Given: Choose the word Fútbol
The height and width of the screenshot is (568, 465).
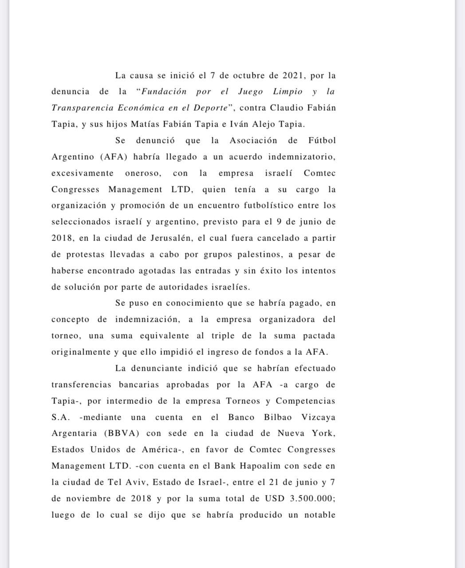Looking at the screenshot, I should tap(322, 141).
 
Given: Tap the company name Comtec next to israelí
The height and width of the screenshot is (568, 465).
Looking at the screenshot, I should tap(319, 173).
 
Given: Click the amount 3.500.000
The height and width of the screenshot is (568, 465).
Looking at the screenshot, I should tap(312, 499).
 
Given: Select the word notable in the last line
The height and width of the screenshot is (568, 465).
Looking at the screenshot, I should tap(319, 515).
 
